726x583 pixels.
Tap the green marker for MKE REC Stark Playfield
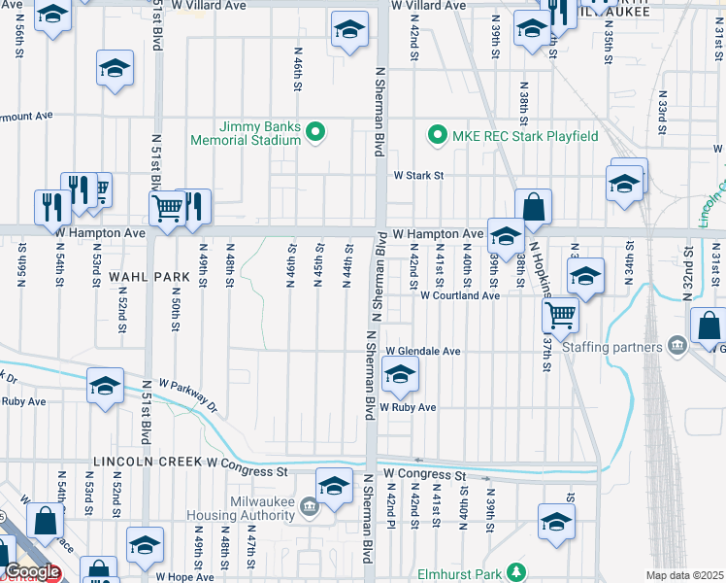pos(437,135)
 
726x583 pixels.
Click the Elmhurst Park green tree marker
pos(518,573)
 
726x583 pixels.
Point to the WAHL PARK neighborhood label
pos(148,277)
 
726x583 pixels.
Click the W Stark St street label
pos(417,176)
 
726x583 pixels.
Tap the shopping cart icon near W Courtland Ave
pos(561,313)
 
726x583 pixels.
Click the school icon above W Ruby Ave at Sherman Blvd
pos(400,372)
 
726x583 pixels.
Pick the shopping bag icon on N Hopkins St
pos(533,206)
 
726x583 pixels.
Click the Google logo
pos(33,572)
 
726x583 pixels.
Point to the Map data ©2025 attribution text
pos(685,575)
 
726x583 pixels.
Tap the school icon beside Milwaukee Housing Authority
pos(334,485)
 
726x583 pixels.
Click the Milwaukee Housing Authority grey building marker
pos(309,505)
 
